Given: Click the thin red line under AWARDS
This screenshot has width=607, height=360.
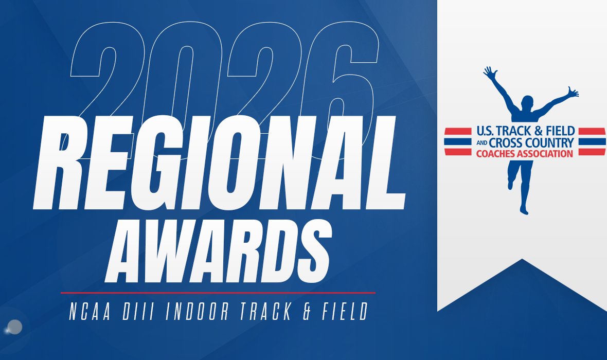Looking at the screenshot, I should click(218, 293).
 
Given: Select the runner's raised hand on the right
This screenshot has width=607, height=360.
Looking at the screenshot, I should click(573, 93).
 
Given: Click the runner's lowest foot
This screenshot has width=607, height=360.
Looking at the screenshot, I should click(524, 209).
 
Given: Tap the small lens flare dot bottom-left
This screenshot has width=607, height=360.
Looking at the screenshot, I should click(15, 326).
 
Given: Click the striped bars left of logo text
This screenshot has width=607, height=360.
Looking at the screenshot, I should click(457, 141).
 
